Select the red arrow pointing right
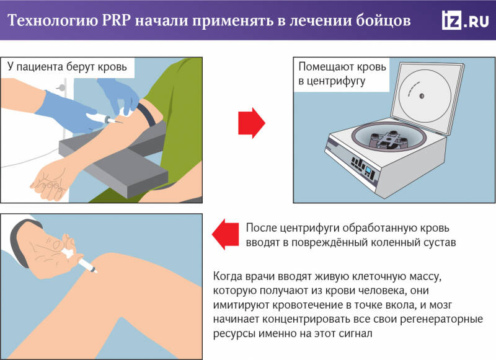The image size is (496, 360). click(x=252, y=123)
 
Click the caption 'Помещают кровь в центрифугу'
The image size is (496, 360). click(x=342, y=73)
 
